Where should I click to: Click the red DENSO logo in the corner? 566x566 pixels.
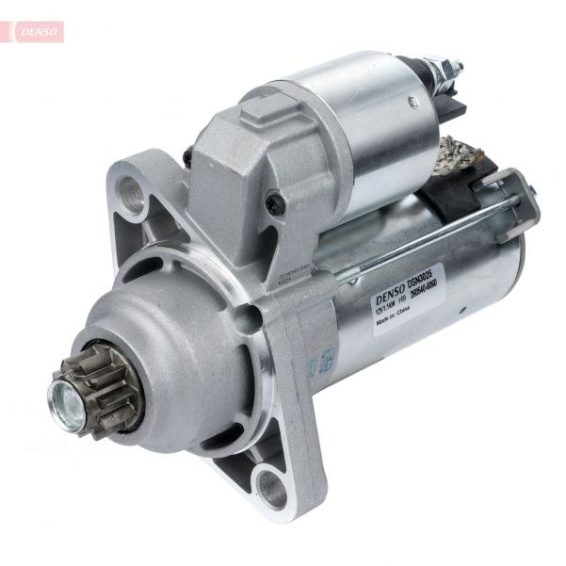point(39,31)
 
